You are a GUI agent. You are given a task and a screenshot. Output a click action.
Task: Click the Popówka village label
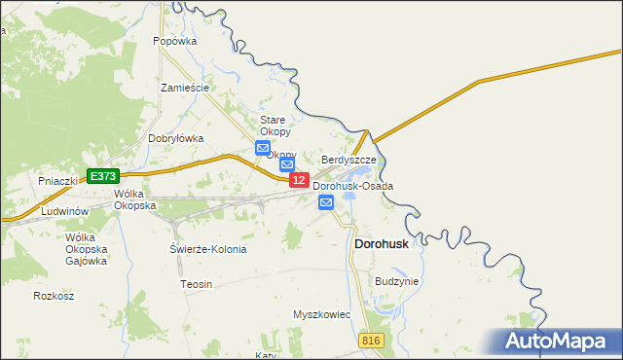(x=175, y=42)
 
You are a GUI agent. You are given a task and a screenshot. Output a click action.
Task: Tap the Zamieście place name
(x=185, y=88)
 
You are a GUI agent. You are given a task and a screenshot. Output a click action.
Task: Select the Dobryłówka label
(x=175, y=138)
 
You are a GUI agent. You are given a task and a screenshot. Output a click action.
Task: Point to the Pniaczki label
(x=56, y=181)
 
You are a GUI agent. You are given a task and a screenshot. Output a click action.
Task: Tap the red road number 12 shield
(x=299, y=180)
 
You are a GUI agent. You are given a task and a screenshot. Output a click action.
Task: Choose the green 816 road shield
(x=370, y=340)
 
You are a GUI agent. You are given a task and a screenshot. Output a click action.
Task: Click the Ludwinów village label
(x=66, y=211)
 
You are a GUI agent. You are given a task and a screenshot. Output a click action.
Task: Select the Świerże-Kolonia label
(x=208, y=249)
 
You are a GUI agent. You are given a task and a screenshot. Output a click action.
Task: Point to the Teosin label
(x=196, y=283)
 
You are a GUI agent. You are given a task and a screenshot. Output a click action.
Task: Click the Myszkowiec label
(x=321, y=315)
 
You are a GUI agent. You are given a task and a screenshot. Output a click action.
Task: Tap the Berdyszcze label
(x=348, y=159)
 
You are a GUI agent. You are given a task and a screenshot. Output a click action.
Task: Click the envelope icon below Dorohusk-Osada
(x=326, y=202)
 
